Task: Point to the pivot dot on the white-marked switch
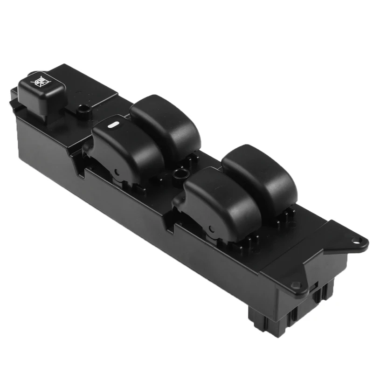point(116,173)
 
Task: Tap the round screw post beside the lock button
point(83,110)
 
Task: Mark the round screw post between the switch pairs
point(177,175)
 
